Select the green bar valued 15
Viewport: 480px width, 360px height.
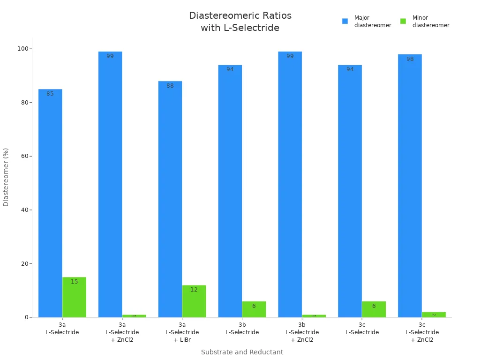pos(74,297)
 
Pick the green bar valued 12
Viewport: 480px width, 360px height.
pos(194,301)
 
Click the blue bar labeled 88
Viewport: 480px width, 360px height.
pos(170,199)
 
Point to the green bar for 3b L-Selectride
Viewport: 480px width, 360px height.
pos(254,309)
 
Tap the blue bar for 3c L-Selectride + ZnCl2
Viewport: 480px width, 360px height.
pos(410,186)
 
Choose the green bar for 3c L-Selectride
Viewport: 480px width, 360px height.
pos(374,309)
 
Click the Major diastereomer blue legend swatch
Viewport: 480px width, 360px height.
pos(345,21)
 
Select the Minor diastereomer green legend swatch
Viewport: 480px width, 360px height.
pos(403,21)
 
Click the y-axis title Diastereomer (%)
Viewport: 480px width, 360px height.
pos(6,177)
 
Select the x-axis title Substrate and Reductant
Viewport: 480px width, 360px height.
pos(242,352)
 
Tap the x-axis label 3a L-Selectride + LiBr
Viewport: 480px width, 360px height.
pos(182,332)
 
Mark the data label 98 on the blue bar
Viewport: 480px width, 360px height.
pos(410,59)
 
